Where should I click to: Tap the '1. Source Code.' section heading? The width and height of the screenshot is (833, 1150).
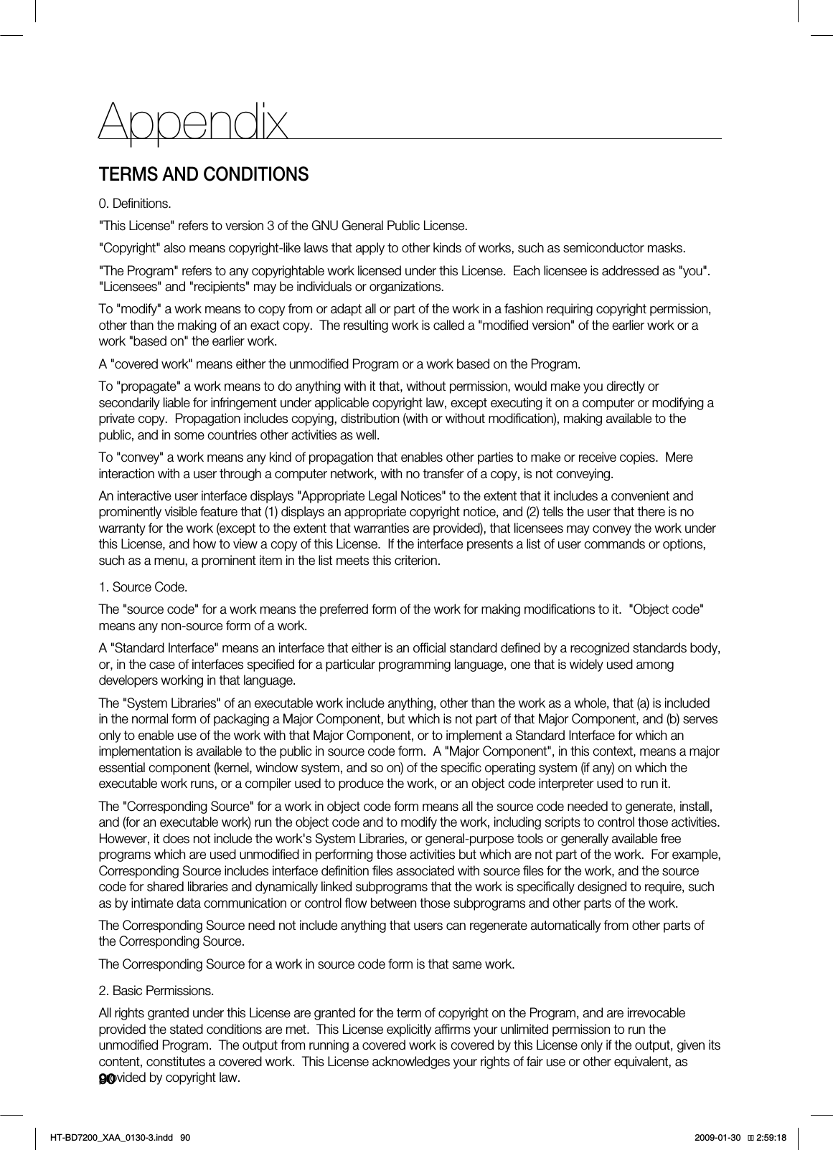coord(143,588)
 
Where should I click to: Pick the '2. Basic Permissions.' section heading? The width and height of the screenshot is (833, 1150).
coord(156,991)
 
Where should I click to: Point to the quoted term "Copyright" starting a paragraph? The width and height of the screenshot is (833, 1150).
coord(130,249)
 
